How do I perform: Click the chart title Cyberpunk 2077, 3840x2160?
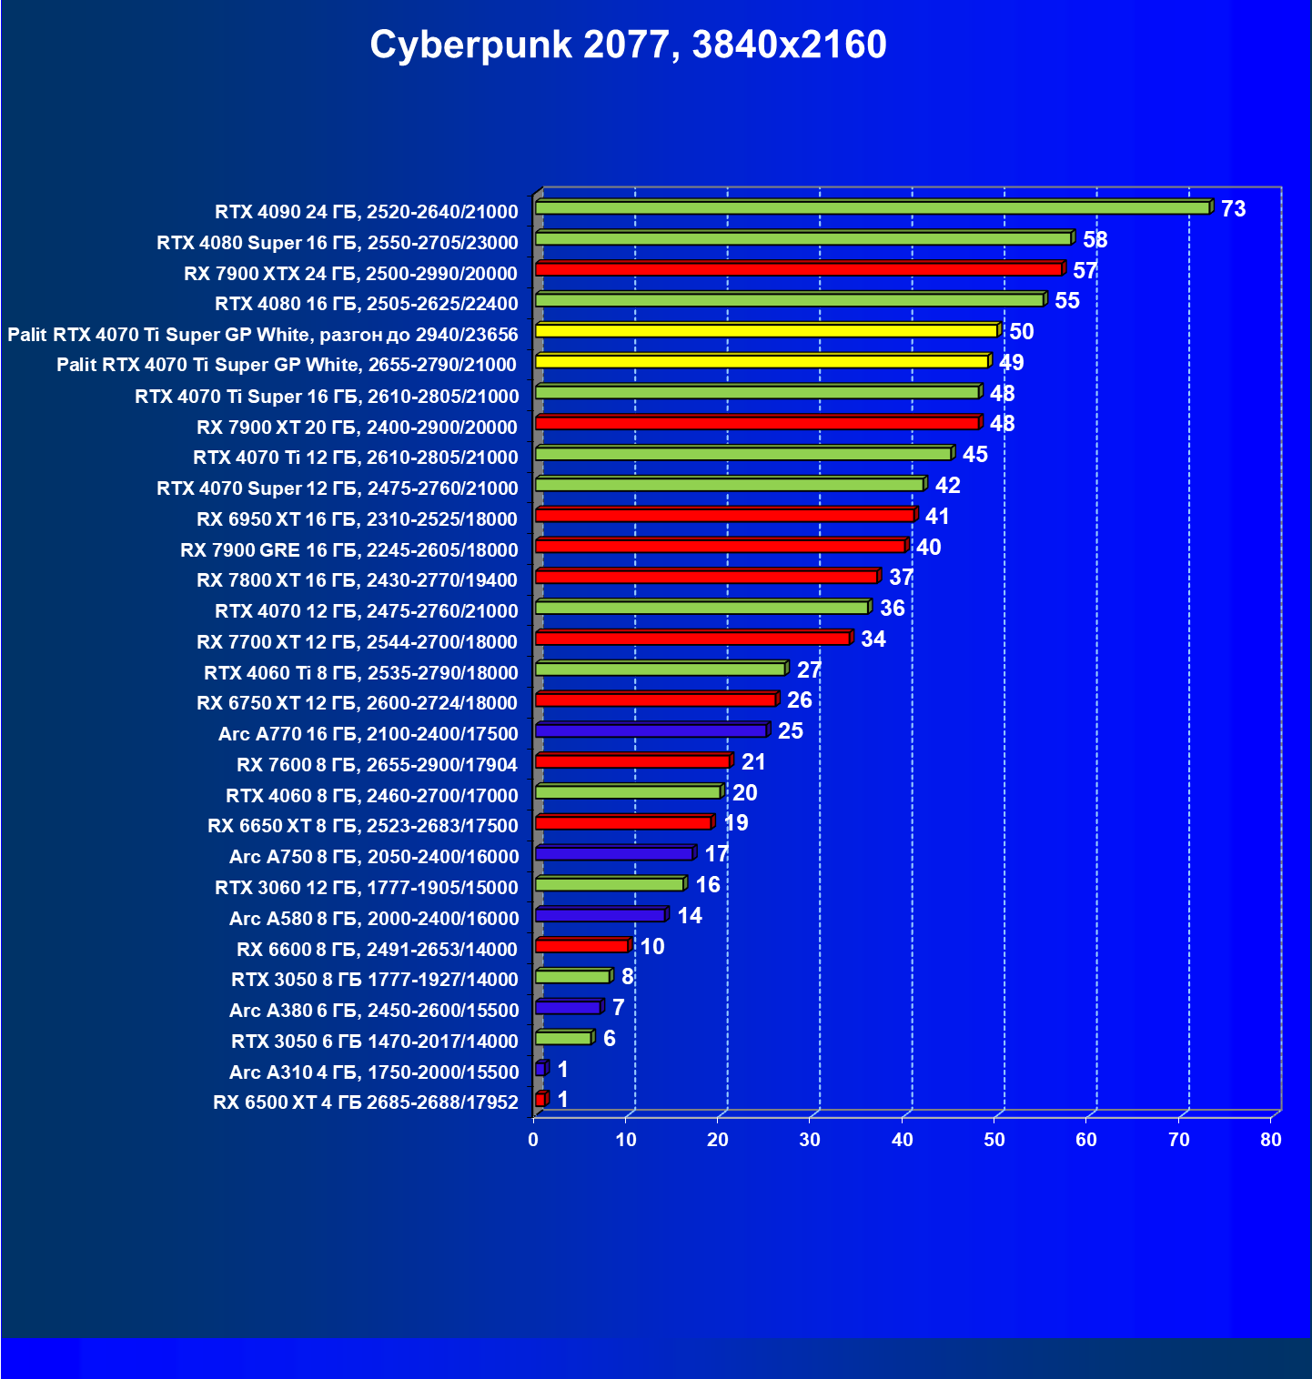point(628,45)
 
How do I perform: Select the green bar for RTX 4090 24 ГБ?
point(872,208)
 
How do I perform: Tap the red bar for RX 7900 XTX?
point(799,269)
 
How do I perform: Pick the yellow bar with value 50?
point(766,331)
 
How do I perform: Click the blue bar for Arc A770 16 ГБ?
point(651,730)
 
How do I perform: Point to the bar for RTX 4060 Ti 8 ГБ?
point(660,669)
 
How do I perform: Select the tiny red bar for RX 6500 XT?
point(540,1100)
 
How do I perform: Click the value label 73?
point(1233,209)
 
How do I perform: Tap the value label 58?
point(1095,240)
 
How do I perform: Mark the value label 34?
point(873,639)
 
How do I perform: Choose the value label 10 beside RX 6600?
point(651,947)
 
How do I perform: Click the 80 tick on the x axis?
point(1270,1141)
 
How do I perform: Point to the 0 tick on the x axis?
point(533,1141)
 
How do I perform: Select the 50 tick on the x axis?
point(994,1141)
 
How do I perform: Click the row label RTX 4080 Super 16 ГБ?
point(337,243)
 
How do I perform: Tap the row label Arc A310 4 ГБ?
point(373,1072)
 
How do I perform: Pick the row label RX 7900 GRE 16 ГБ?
point(348,550)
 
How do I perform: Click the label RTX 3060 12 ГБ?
point(366,888)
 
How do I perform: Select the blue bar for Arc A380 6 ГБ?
point(568,1008)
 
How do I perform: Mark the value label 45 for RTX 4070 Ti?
point(974,455)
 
